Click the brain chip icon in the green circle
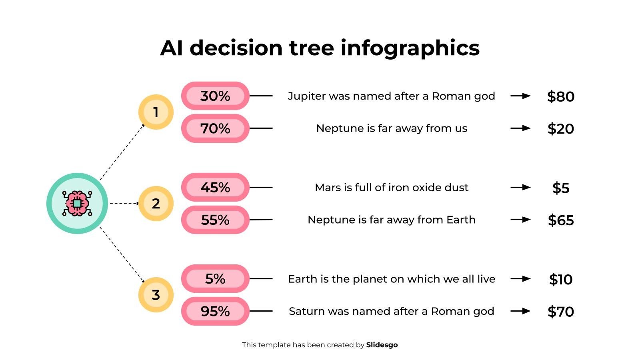pos(77,203)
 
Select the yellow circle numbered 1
pos(156,112)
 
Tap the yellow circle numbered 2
pos(156,204)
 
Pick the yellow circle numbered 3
pos(156,295)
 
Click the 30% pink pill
pos(215,96)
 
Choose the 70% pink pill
pos(215,128)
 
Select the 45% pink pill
pos(215,187)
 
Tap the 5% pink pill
pos(215,279)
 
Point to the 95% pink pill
pos(215,311)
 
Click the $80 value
pos(560,96)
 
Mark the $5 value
pos(560,188)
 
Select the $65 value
pos(560,220)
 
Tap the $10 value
pos(560,279)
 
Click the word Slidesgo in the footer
pos(382,345)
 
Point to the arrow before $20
pos(520,128)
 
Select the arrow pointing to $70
pos(520,311)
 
